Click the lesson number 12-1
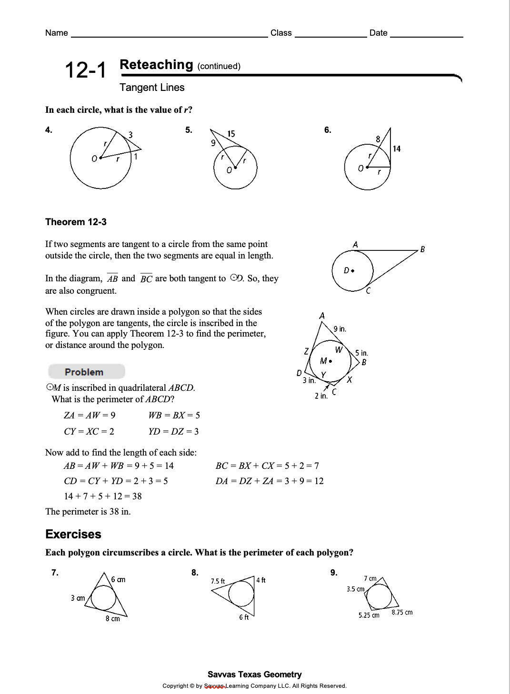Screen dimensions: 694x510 tap(86, 70)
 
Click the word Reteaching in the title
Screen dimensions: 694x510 tap(156, 65)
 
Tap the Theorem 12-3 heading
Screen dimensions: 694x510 tap(76, 222)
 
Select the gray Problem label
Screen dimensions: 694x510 tap(84, 372)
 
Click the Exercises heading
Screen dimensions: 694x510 tap(73, 534)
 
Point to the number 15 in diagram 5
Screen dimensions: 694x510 tap(231, 134)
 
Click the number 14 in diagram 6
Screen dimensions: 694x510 tap(397, 149)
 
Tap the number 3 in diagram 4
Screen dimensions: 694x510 tap(130, 135)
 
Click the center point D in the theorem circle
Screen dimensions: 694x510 tap(352, 270)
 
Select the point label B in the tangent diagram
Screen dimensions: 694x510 tap(422, 249)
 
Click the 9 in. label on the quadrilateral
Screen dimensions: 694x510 tap(340, 329)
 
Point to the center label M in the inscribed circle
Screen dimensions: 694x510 tap(324, 361)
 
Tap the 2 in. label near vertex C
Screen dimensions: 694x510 tap(320, 396)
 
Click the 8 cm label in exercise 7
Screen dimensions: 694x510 tap(113, 619)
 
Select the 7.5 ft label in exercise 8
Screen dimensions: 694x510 tap(218, 581)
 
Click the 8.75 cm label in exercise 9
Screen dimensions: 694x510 tap(402, 612)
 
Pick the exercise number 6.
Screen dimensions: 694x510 tap(328, 130)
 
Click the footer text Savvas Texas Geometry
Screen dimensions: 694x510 tap(254, 674)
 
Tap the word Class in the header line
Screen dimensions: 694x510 tap(281, 33)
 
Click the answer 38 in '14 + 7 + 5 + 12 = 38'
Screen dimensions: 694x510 tap(137, 496)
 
